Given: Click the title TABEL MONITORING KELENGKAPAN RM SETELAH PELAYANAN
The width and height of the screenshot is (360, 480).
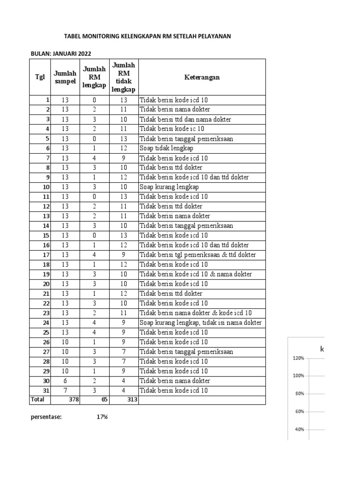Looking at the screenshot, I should (147, 36).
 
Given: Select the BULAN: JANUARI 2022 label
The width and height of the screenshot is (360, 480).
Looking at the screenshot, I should (61, 54).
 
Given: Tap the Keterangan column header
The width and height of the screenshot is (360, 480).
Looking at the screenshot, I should (202, 77).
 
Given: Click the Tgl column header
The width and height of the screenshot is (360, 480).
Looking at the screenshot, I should (40, 77).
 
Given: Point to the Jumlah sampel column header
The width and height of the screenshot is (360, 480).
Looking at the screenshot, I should (65, 77).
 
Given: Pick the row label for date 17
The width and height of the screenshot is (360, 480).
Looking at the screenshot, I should (46, 255).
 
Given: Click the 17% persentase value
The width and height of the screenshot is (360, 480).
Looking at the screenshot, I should (102, 417).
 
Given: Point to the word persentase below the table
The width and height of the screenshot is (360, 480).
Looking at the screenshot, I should (46, 417).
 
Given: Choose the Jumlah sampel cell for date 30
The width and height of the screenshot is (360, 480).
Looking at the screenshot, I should (65, 381).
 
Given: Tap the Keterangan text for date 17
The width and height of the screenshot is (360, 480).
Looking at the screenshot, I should (197, 255).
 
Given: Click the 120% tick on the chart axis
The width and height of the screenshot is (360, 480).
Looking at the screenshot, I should (298, 358).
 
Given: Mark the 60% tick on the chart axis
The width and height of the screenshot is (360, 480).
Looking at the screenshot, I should (300, 411).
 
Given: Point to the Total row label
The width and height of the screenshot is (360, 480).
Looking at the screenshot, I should (38, 399).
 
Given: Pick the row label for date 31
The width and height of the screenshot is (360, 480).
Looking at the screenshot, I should (46, 390).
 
